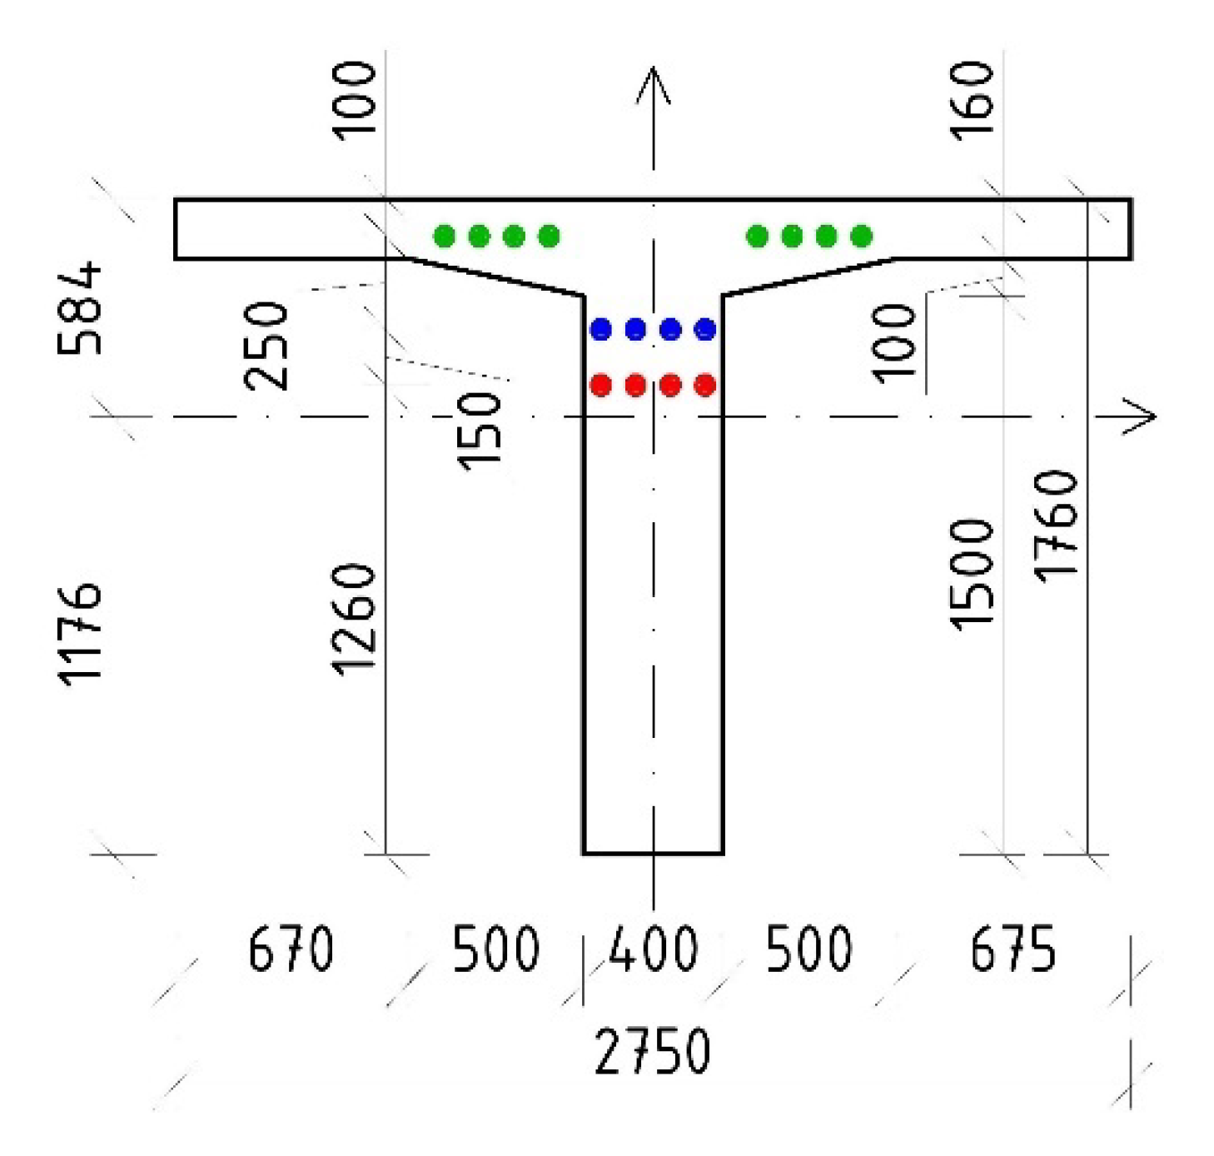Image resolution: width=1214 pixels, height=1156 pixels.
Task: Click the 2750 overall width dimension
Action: (x=653, y=1051)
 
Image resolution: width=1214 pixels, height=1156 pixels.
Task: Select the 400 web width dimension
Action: (x=654, y=949)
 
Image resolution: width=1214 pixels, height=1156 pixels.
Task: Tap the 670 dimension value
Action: (x=291, y=949)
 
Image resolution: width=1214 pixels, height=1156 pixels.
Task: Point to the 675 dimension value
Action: (x=1012, y=949)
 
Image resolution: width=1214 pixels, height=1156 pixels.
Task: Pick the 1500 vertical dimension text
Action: (x=973, y=575)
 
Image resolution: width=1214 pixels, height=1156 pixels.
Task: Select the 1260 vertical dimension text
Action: (x=354, y=619)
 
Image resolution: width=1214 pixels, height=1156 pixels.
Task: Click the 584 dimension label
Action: (x=80, y=308)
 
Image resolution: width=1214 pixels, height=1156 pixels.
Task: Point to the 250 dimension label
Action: (x=266, y=346)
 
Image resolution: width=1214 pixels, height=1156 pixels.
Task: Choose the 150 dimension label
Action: (x=480, y=431)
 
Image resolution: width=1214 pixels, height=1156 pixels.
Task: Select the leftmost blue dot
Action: (x=600, y=330)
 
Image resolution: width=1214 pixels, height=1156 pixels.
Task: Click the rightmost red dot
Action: (x=705, y=385)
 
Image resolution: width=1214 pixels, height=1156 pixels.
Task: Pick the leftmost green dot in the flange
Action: (x=445, y=237)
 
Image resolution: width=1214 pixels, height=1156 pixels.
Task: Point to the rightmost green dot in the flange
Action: (x=862, y=237)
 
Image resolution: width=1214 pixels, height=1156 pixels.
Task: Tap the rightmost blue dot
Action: (x=705, y=330)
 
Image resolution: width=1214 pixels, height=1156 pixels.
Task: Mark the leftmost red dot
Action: (x=600, y=385)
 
